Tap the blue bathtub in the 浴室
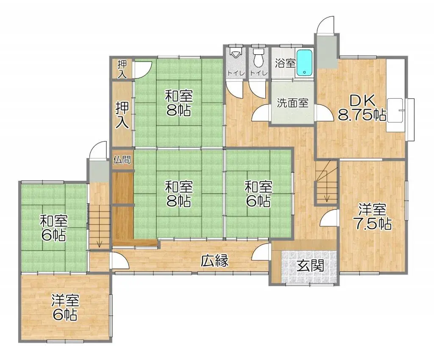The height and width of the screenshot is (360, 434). click(x=304, y=64)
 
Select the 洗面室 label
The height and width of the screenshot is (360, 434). click(x=293, y=103)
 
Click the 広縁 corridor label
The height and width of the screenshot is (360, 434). click(x=215, y=261)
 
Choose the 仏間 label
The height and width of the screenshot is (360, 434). click(x=122, y=160)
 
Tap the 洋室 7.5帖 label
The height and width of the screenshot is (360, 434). click(x=372, y=217)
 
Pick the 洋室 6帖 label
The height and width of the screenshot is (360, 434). click(x=65, y=307)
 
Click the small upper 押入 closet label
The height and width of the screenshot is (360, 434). click(x=122, y=69)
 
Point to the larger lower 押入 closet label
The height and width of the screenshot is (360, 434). click(x=122, y=115)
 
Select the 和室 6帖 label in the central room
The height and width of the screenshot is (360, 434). click(x=259, y=194)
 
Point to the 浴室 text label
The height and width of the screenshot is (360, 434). click(x=285, y=64)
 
